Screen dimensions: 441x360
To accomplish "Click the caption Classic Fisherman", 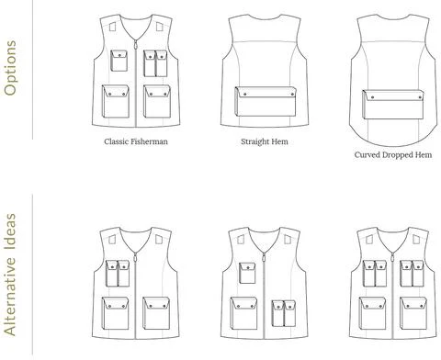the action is coord(136,141).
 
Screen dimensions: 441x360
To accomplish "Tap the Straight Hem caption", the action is coord(265,141).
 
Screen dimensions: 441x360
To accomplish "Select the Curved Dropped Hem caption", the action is coord(393,155).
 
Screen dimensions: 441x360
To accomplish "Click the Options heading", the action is coord(10,68).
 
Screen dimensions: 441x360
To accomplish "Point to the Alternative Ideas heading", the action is coord(10,275).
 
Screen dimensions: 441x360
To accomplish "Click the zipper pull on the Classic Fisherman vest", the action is coord(135,45).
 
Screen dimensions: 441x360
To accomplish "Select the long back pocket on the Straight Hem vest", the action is coord(266,101).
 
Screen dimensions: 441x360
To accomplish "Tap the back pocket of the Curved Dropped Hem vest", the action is coord(393,105).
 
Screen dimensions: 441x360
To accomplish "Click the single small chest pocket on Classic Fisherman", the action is coord(119,61).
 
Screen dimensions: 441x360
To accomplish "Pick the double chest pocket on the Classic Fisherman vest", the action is coord(155,63).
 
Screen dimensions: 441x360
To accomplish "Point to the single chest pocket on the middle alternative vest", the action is coord(247,273).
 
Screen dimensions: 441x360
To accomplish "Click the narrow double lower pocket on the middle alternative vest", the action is coord(284,313).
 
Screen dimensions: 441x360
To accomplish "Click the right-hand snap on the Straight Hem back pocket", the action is coord(290,95).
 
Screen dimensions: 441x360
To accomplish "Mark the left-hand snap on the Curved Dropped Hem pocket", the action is coord(373,97).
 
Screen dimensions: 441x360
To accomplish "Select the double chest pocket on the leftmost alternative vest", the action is coord(118,274).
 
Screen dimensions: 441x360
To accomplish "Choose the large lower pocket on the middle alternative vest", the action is coord(243,313).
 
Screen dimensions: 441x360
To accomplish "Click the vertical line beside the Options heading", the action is coord(32,70).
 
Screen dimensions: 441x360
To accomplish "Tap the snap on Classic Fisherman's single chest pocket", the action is coord(120,55).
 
